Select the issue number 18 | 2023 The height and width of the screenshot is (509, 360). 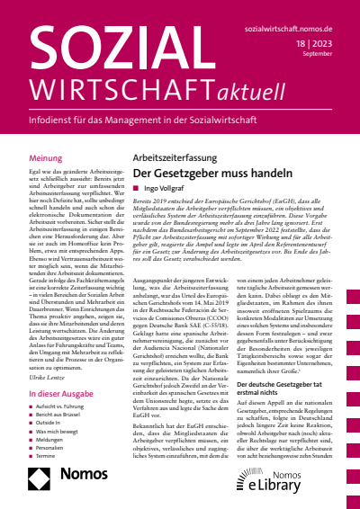point(328,44)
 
